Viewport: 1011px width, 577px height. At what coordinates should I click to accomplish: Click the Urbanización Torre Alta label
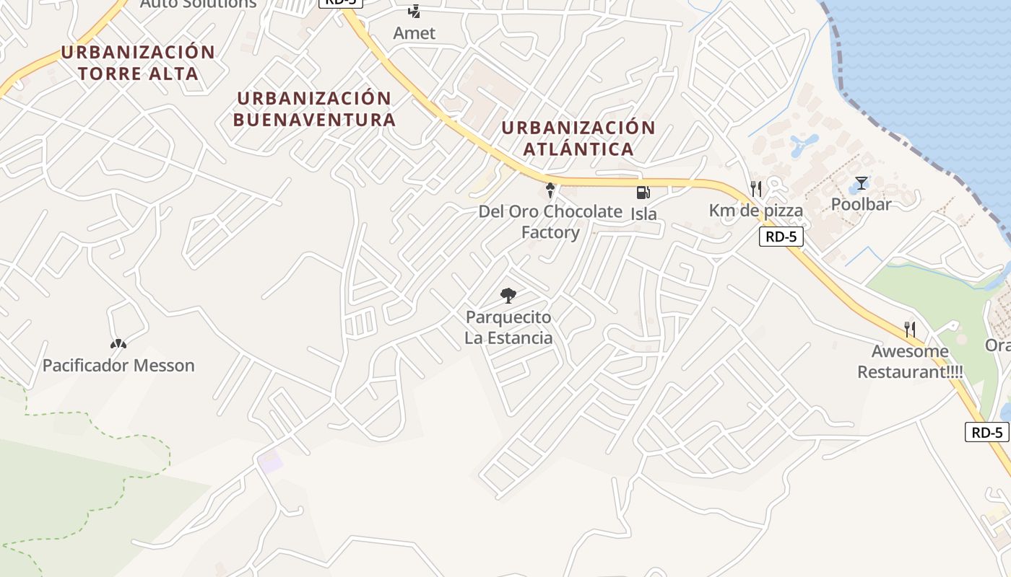(x=138, y=63)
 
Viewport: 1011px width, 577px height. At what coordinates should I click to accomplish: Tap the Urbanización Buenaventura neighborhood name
(x=315, y=109)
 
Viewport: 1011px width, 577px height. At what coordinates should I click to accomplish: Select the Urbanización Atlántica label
(x=578, y=138)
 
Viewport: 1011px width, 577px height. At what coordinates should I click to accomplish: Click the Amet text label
(x=415, y=33)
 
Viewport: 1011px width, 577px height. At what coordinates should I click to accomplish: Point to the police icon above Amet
(x=414, y=11)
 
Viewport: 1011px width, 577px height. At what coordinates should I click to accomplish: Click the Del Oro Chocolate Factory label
(x=550, y=221)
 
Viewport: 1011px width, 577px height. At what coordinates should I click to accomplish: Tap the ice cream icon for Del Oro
(x=550, y=190)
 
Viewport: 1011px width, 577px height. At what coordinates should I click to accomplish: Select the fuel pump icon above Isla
(x=643, y=193)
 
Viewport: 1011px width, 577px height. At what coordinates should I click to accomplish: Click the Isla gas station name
(x=643, y=214)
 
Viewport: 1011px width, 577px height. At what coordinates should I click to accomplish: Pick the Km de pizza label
(x=755, y=211)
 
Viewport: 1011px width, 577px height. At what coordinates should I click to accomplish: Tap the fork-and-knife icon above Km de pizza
(x=756, y=189)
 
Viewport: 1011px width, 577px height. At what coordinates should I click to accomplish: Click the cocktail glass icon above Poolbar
(x=861, y=182)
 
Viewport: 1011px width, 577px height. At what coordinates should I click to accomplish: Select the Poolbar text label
(x=861, y=204)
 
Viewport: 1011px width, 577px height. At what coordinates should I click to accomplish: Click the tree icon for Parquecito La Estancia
(x=508, y=295)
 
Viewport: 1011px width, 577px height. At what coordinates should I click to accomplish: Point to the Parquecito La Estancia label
(x=508, y=327)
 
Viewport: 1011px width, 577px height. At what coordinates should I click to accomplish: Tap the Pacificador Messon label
(x=118, y=366)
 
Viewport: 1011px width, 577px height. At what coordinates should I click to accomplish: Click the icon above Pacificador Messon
(x=118, y=344)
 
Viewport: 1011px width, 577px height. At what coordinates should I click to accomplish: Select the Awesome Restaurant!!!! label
(x=910, y=362)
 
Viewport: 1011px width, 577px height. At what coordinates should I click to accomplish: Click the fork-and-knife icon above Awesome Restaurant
(x=910, y=330)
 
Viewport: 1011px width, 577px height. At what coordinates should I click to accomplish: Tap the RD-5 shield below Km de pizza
(x=781, y=237)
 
